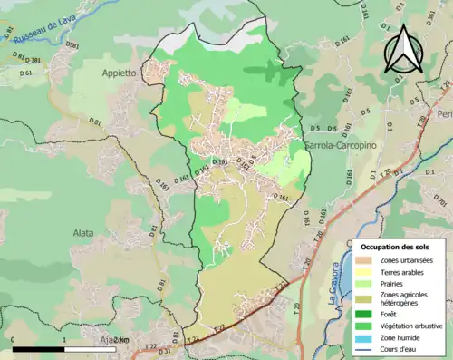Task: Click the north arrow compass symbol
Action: click(403, 49)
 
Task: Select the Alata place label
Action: click(84, 232)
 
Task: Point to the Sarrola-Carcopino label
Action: click(333, 145)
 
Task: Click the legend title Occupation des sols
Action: click(394, 247)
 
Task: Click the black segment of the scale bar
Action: click(39, 349)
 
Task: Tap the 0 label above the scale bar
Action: click(14, 340)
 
